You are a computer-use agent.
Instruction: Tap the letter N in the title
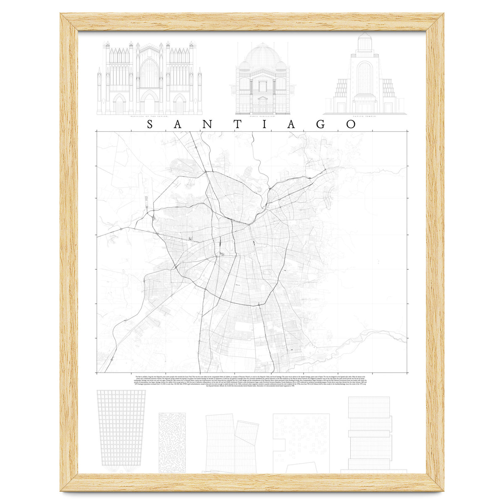coord(208,124)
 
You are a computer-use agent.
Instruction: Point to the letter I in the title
coord(265,124)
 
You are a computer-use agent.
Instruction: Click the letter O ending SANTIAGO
coord(351,124)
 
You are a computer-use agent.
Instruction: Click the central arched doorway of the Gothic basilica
coord(149,103)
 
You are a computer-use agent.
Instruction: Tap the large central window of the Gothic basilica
coord(149,73)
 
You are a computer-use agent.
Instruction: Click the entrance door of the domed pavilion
coord(263,105)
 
